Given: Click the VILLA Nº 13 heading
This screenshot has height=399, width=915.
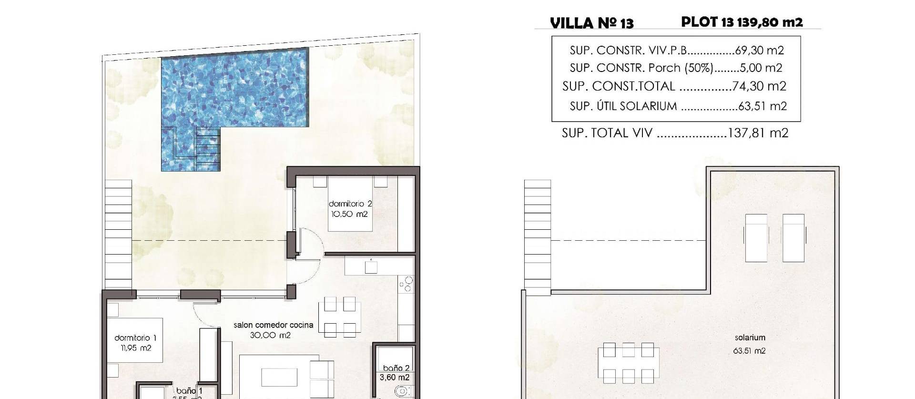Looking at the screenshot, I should [591, 23].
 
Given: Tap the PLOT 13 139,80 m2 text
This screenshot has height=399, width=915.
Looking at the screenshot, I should [742, 22].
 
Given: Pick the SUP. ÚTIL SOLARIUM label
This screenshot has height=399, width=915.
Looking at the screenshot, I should [623, 106].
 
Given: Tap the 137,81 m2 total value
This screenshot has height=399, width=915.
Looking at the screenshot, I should [758, 133].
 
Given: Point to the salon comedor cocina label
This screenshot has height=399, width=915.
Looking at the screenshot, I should [273, 325].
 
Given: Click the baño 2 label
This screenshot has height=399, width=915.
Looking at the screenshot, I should [396, 368].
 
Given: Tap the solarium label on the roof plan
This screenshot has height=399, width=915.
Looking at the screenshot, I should [750, 338].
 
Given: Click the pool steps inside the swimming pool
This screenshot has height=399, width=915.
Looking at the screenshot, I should [208, 148].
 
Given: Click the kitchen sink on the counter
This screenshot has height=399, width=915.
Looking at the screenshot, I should [371, 267].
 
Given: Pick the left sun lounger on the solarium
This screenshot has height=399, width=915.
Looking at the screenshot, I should [756, 237].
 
